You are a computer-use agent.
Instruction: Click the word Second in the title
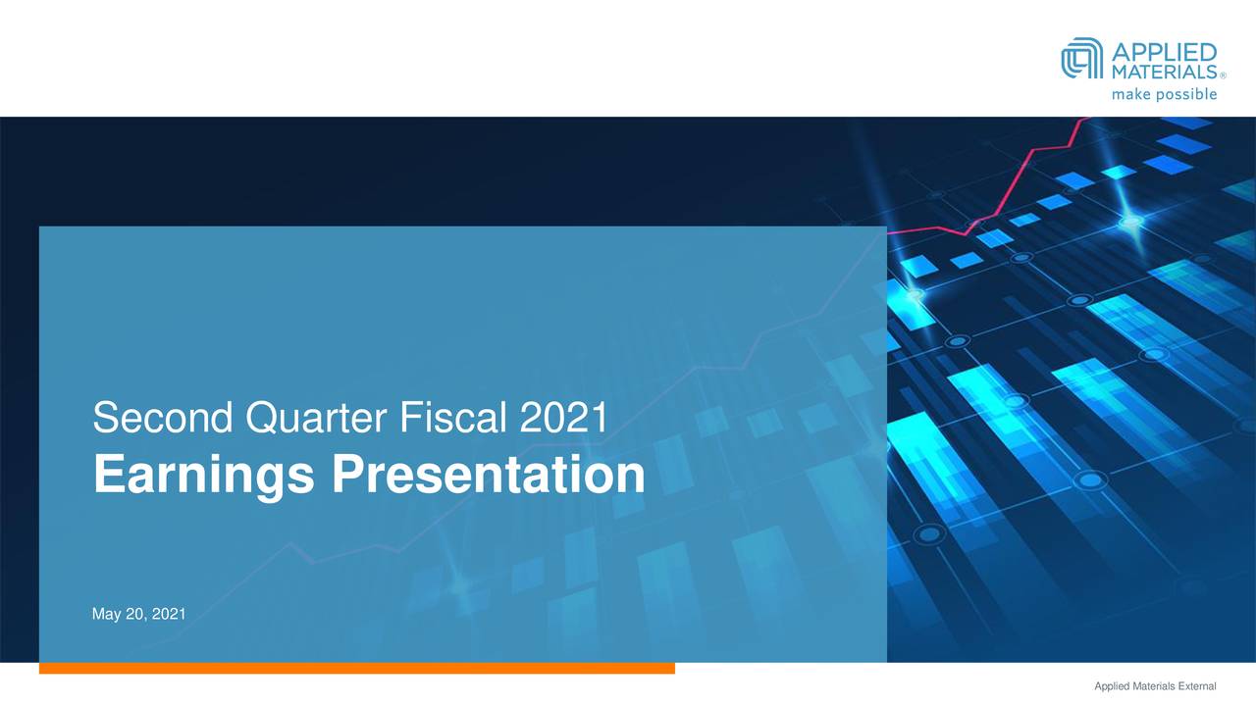(163, 418)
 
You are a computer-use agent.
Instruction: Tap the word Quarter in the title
(316, 419)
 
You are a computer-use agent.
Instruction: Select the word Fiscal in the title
(453, 418)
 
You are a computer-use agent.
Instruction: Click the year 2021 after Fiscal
(563, 418)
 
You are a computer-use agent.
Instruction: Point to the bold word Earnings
(203, 477)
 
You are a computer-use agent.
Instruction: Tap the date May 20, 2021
(138, 614)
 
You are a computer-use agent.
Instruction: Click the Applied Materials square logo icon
(1081, 58)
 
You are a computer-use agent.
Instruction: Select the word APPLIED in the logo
(1164, 52)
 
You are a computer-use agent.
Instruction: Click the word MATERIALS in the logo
(1164, 72)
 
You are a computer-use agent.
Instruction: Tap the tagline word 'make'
(1131, 94)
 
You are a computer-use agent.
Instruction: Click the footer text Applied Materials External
(1155, 686)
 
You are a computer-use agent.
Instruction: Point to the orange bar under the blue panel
(356, 668)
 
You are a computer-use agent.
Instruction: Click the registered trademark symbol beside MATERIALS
(1223, 76)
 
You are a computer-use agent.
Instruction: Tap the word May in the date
(107, 615)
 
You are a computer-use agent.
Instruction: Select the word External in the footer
(1196, 686)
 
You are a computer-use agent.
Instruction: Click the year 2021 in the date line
(169, 614)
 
